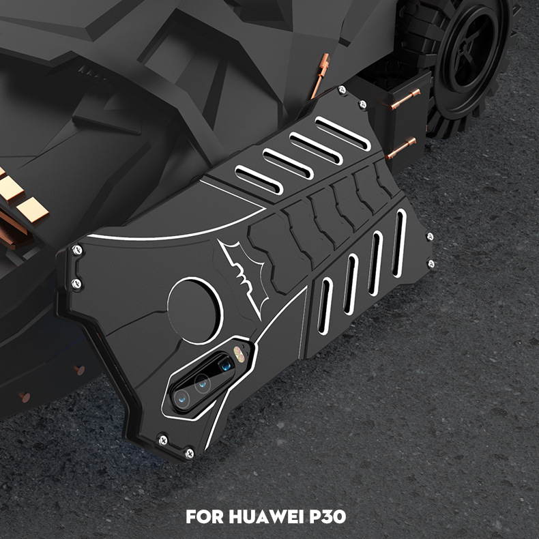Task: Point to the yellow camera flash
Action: pos(239,353)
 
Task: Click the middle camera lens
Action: pos(202,383)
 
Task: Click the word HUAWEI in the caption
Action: pos(271,514)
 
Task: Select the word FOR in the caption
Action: pos(205,514)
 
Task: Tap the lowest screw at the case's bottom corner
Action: pos(189,452)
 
